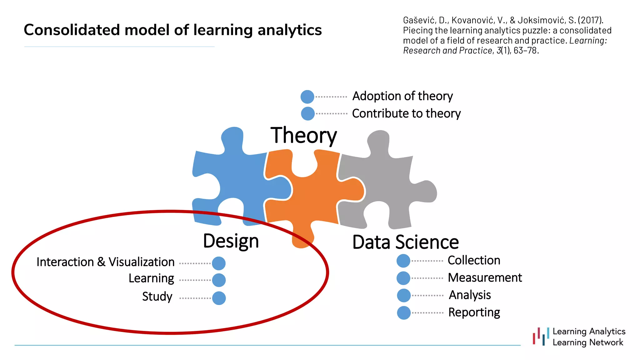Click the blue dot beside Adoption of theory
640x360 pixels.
pyautogui.click(x=307, y=97)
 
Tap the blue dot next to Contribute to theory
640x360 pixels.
pyautogui.click(x=308, y=113)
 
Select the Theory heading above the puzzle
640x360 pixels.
pyautogui.click(x=303, y=136)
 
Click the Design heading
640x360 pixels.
pyautogui.click(x=231, y=241)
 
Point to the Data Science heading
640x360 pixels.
pyautogui.click(x=405, y=242)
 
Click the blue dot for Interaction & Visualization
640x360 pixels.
pyautogui.click(x=219, y=263)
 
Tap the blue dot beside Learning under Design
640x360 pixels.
pyautogui.click(x=219, y=280)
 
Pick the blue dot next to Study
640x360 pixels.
pyautogui.click(x=219, y=298)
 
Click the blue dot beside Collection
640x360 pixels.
pyautogui.click(x=403, y=261)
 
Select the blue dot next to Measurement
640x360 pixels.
pyautogui.click(x=403, y=278)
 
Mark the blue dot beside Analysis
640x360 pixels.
pyautogui.click(x=404, y=295)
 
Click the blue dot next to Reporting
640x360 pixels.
pyautogui.click(x=404, y=313)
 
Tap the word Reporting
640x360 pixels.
pyautogui.click(x=474, y=312)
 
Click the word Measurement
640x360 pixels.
pyautogui.click(x=485, y=277)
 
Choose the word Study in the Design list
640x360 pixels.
pyautogui.click(x=157, y=297)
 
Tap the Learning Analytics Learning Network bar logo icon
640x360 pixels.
pyautogui.click(x=541, y=337)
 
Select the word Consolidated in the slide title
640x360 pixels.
pyautogui.click(x=72, y=30)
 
